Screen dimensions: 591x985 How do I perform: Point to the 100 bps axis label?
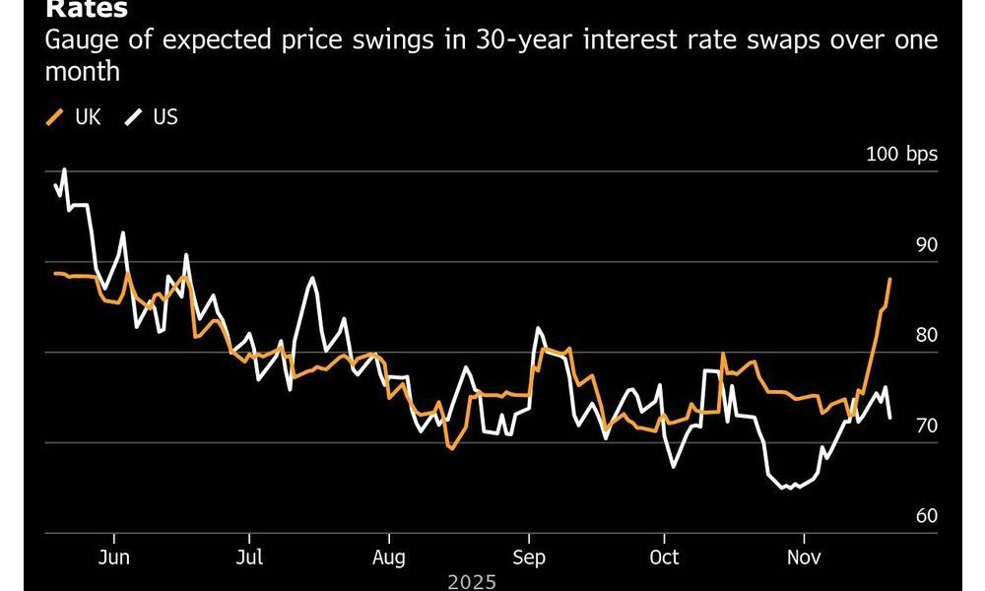tap(901, 155)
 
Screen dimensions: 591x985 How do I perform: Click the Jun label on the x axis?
tap(115, 557)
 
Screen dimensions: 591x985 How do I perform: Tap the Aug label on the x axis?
tap(389, 557)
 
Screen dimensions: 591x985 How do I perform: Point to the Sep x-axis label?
tap(529, 557)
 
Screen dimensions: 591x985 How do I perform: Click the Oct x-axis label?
tap(665, 557)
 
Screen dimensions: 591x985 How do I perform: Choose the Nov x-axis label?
tap(804, 557)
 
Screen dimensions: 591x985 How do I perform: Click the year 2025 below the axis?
tap(472, 582)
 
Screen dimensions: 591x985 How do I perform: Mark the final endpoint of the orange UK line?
tap(890, 279)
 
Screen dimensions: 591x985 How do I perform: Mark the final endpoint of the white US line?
tap(890, 419)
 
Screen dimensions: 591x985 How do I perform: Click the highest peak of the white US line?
tap(64, 169)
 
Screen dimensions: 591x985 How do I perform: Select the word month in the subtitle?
tap(83, 73)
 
